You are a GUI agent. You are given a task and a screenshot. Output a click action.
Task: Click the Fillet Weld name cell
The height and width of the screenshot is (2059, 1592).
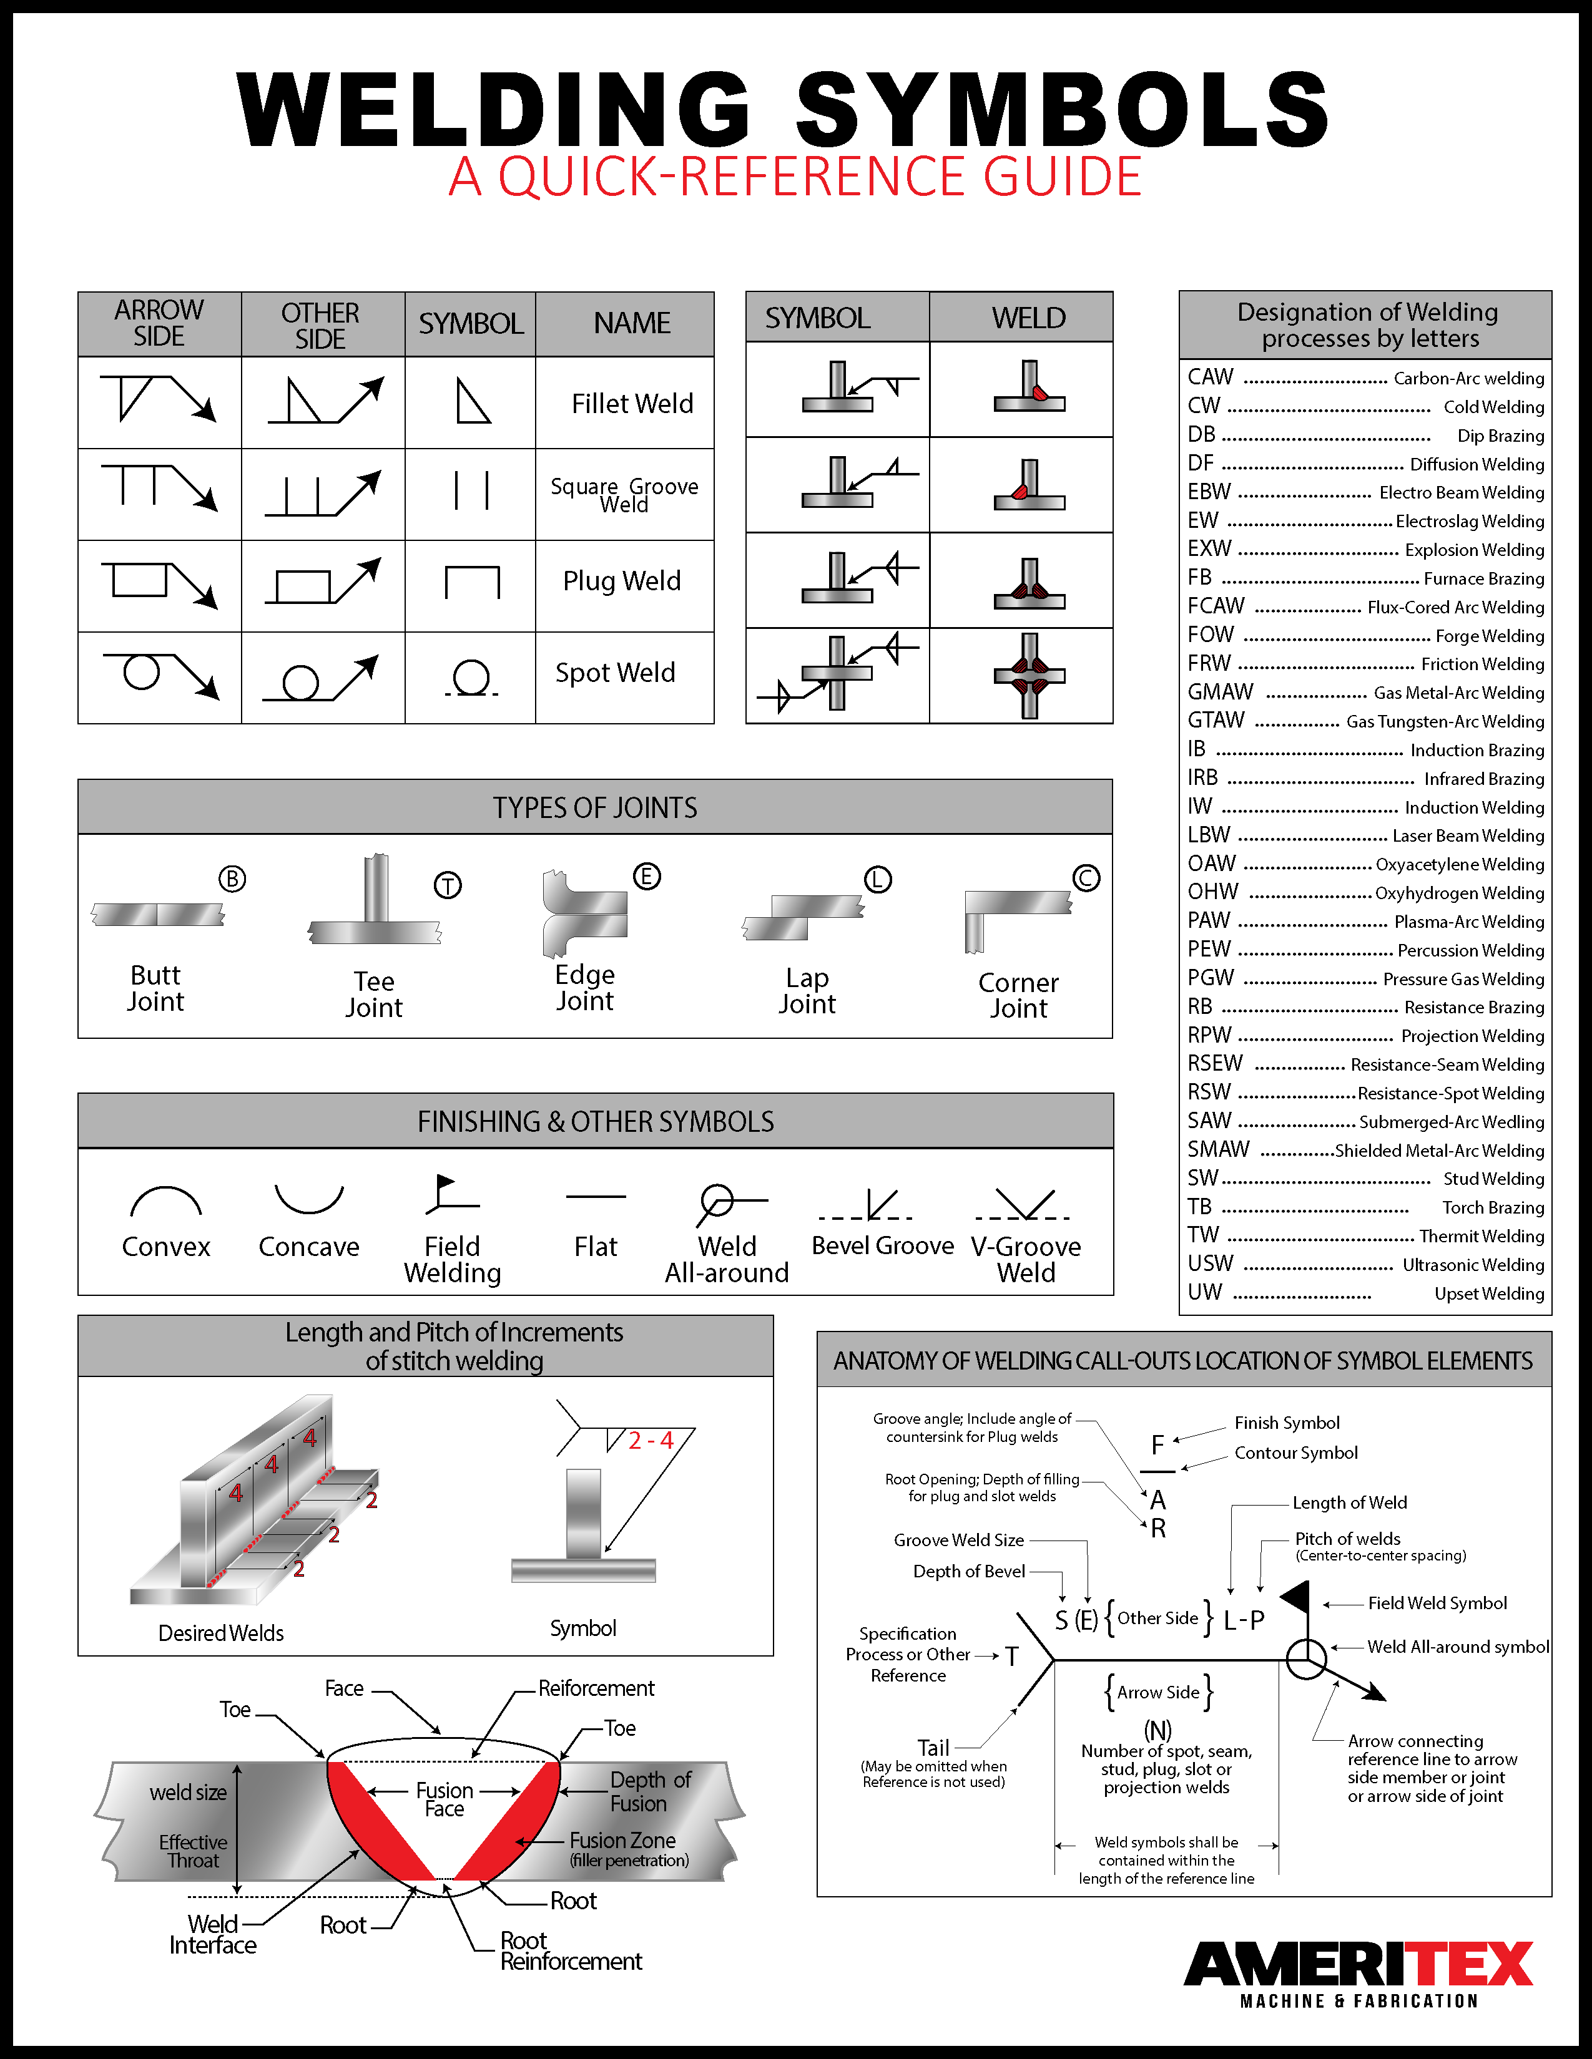click(x=631, y=404)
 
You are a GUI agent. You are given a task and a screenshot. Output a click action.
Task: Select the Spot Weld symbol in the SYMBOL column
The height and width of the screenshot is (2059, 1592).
click(x=471, y=678)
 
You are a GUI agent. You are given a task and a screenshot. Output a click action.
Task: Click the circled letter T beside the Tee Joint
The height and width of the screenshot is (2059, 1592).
click(x=447, y=885)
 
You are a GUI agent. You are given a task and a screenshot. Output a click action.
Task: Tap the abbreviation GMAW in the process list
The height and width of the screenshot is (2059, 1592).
click(x=1221, y=692)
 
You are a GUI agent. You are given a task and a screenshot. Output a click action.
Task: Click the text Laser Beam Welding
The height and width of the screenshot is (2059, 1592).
click(x=1468, y=835)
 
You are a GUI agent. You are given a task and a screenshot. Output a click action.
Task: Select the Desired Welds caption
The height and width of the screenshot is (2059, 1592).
click(x=220, y=1633)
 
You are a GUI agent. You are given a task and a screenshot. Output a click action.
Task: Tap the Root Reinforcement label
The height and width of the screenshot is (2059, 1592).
click(x=569, y=1950)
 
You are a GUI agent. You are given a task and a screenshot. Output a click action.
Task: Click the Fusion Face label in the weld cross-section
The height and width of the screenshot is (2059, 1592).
click(x=445, y=1799)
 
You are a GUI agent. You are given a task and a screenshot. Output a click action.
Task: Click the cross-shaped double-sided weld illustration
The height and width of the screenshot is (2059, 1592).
click(x=1029, y=675)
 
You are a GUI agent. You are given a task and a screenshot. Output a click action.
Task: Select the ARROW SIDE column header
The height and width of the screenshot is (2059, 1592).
click(x=159, y=323)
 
